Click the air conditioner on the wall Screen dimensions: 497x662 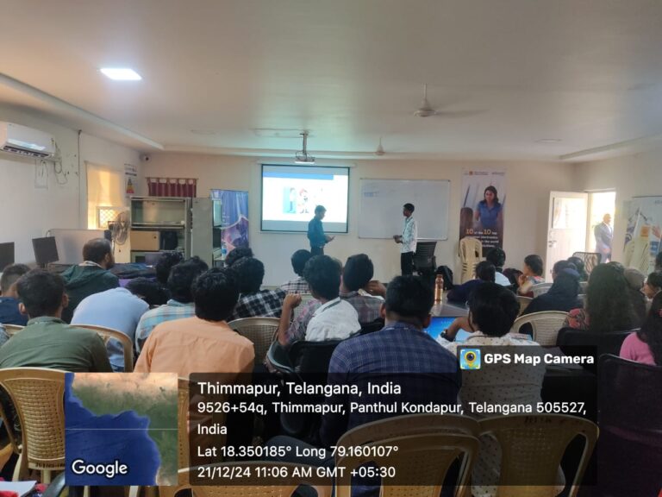coord(25,139)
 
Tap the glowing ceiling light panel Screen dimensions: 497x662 coord(121,74)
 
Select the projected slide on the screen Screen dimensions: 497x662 coord(304,198)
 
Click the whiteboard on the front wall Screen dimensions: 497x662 coord(404,208)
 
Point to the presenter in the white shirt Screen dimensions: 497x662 coord(407,238)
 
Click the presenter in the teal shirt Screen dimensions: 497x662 coord(318,231)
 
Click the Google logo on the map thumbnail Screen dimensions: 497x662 coord(99,469)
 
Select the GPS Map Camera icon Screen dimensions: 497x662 coord(470,359)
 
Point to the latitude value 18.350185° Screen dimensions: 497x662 coord(254,450)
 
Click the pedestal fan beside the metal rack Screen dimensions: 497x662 coord(121,230)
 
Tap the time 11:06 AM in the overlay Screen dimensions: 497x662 coord(295,472)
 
